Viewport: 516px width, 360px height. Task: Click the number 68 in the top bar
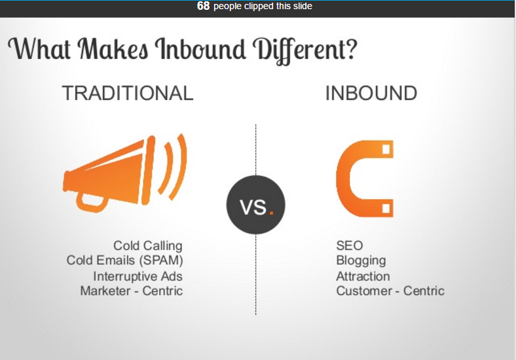[203, 6]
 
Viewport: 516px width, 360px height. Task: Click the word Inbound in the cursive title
[200, 49]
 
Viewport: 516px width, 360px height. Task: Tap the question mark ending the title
[351, 48]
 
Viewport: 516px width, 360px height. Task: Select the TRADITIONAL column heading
[128, 93]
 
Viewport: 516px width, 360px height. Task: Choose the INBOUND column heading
[371, 93]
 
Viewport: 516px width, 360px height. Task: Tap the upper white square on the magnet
[386, 149]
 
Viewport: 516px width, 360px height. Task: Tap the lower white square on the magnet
[386, 208]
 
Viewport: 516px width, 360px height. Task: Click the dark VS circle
[255, 205]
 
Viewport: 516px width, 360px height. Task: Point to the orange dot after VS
[272, 213]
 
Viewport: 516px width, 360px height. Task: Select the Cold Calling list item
[148, 246]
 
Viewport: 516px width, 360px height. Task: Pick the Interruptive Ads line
[138, 276]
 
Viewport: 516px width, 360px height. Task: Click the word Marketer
[105, 291]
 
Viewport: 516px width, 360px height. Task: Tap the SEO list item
[350, 246]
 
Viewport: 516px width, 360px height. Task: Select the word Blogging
[361, 261]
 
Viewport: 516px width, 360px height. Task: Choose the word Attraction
[363, 276]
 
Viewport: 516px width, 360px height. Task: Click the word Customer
[364, 291]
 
